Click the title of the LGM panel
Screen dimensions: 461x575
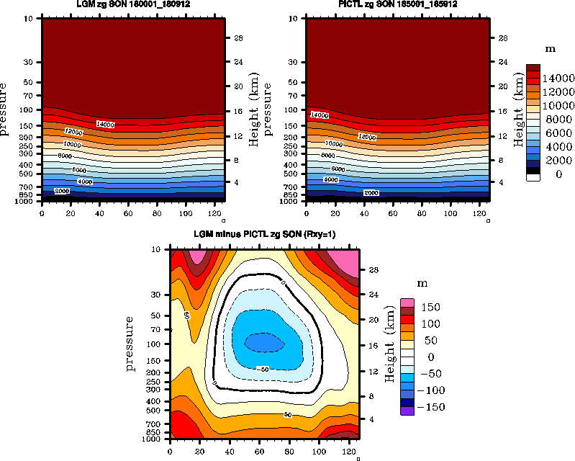[133, 5]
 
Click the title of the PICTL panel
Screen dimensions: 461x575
[398, 5]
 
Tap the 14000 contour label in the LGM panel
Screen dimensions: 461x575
[105, 125]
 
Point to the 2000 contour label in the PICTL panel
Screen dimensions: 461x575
[371, 193]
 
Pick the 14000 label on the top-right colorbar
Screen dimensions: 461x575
[558, 78]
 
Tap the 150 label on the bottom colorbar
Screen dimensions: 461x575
[430, 308]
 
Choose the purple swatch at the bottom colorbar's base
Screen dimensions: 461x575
[407, 411]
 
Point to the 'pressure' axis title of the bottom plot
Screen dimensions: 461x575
[131, 342]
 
